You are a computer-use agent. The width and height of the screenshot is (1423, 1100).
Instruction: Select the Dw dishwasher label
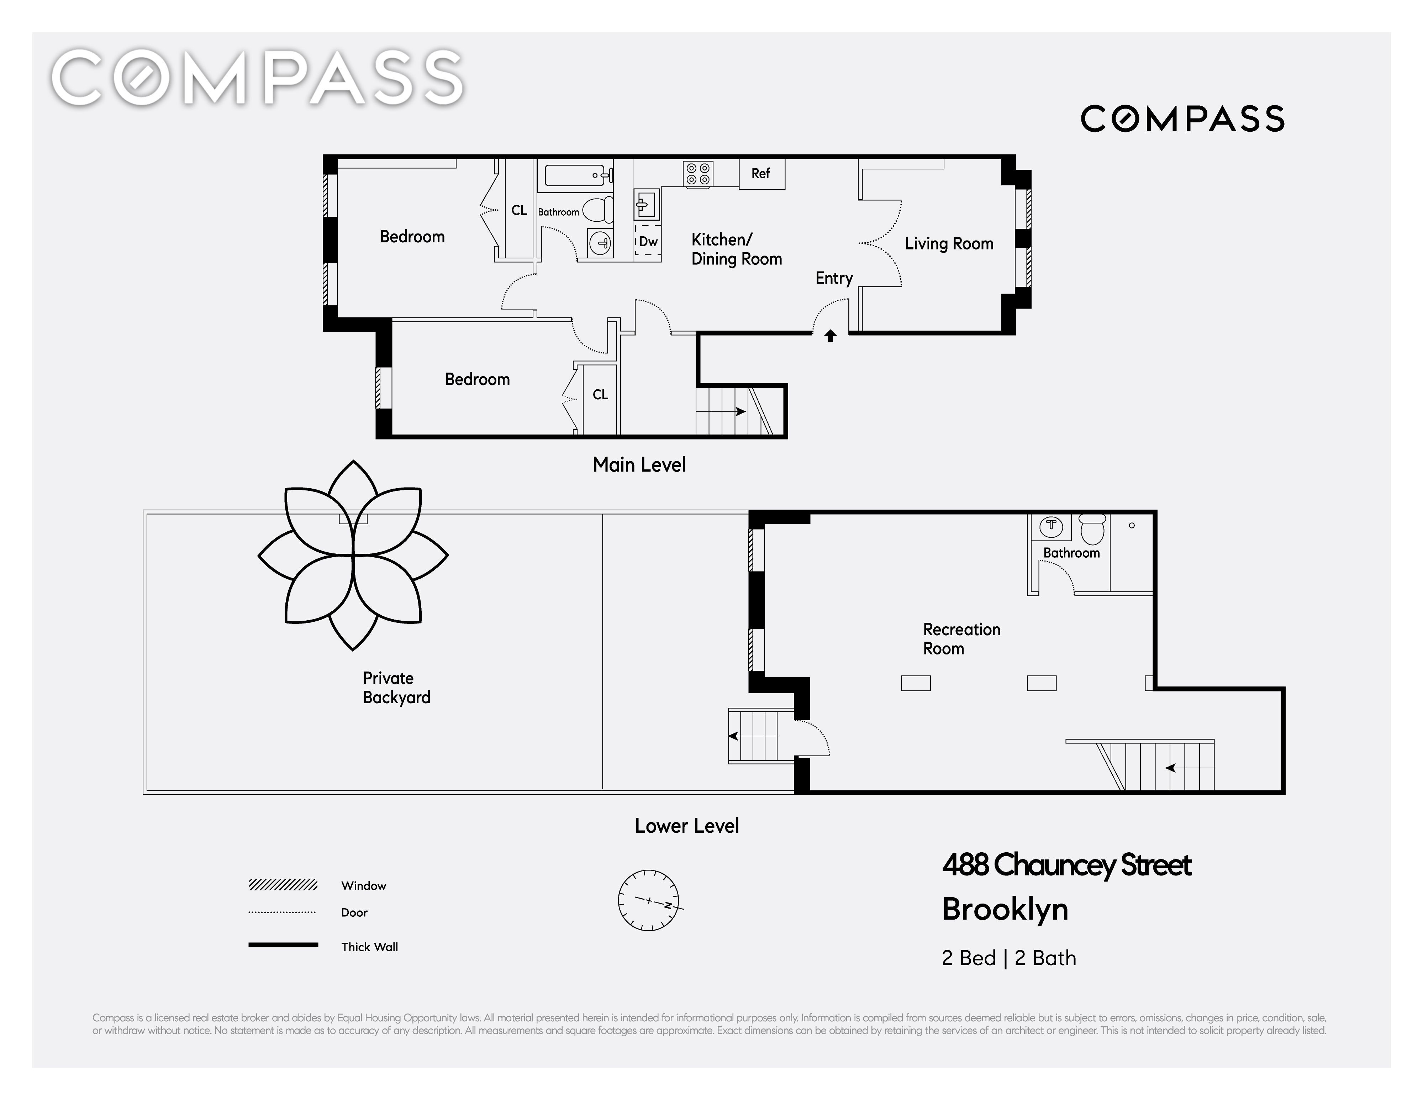648,242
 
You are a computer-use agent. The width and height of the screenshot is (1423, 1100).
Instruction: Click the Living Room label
949,244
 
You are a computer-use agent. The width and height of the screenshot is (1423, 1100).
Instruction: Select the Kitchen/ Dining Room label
736,249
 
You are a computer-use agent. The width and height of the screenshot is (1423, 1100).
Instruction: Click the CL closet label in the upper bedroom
519,210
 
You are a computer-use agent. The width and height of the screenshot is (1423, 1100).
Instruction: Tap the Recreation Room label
962,639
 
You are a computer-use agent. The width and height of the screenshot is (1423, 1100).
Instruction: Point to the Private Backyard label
396,688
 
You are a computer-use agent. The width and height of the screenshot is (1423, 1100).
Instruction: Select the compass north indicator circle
648,900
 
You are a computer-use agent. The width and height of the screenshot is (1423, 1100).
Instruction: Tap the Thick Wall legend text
369,947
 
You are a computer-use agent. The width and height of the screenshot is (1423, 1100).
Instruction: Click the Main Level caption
639,465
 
